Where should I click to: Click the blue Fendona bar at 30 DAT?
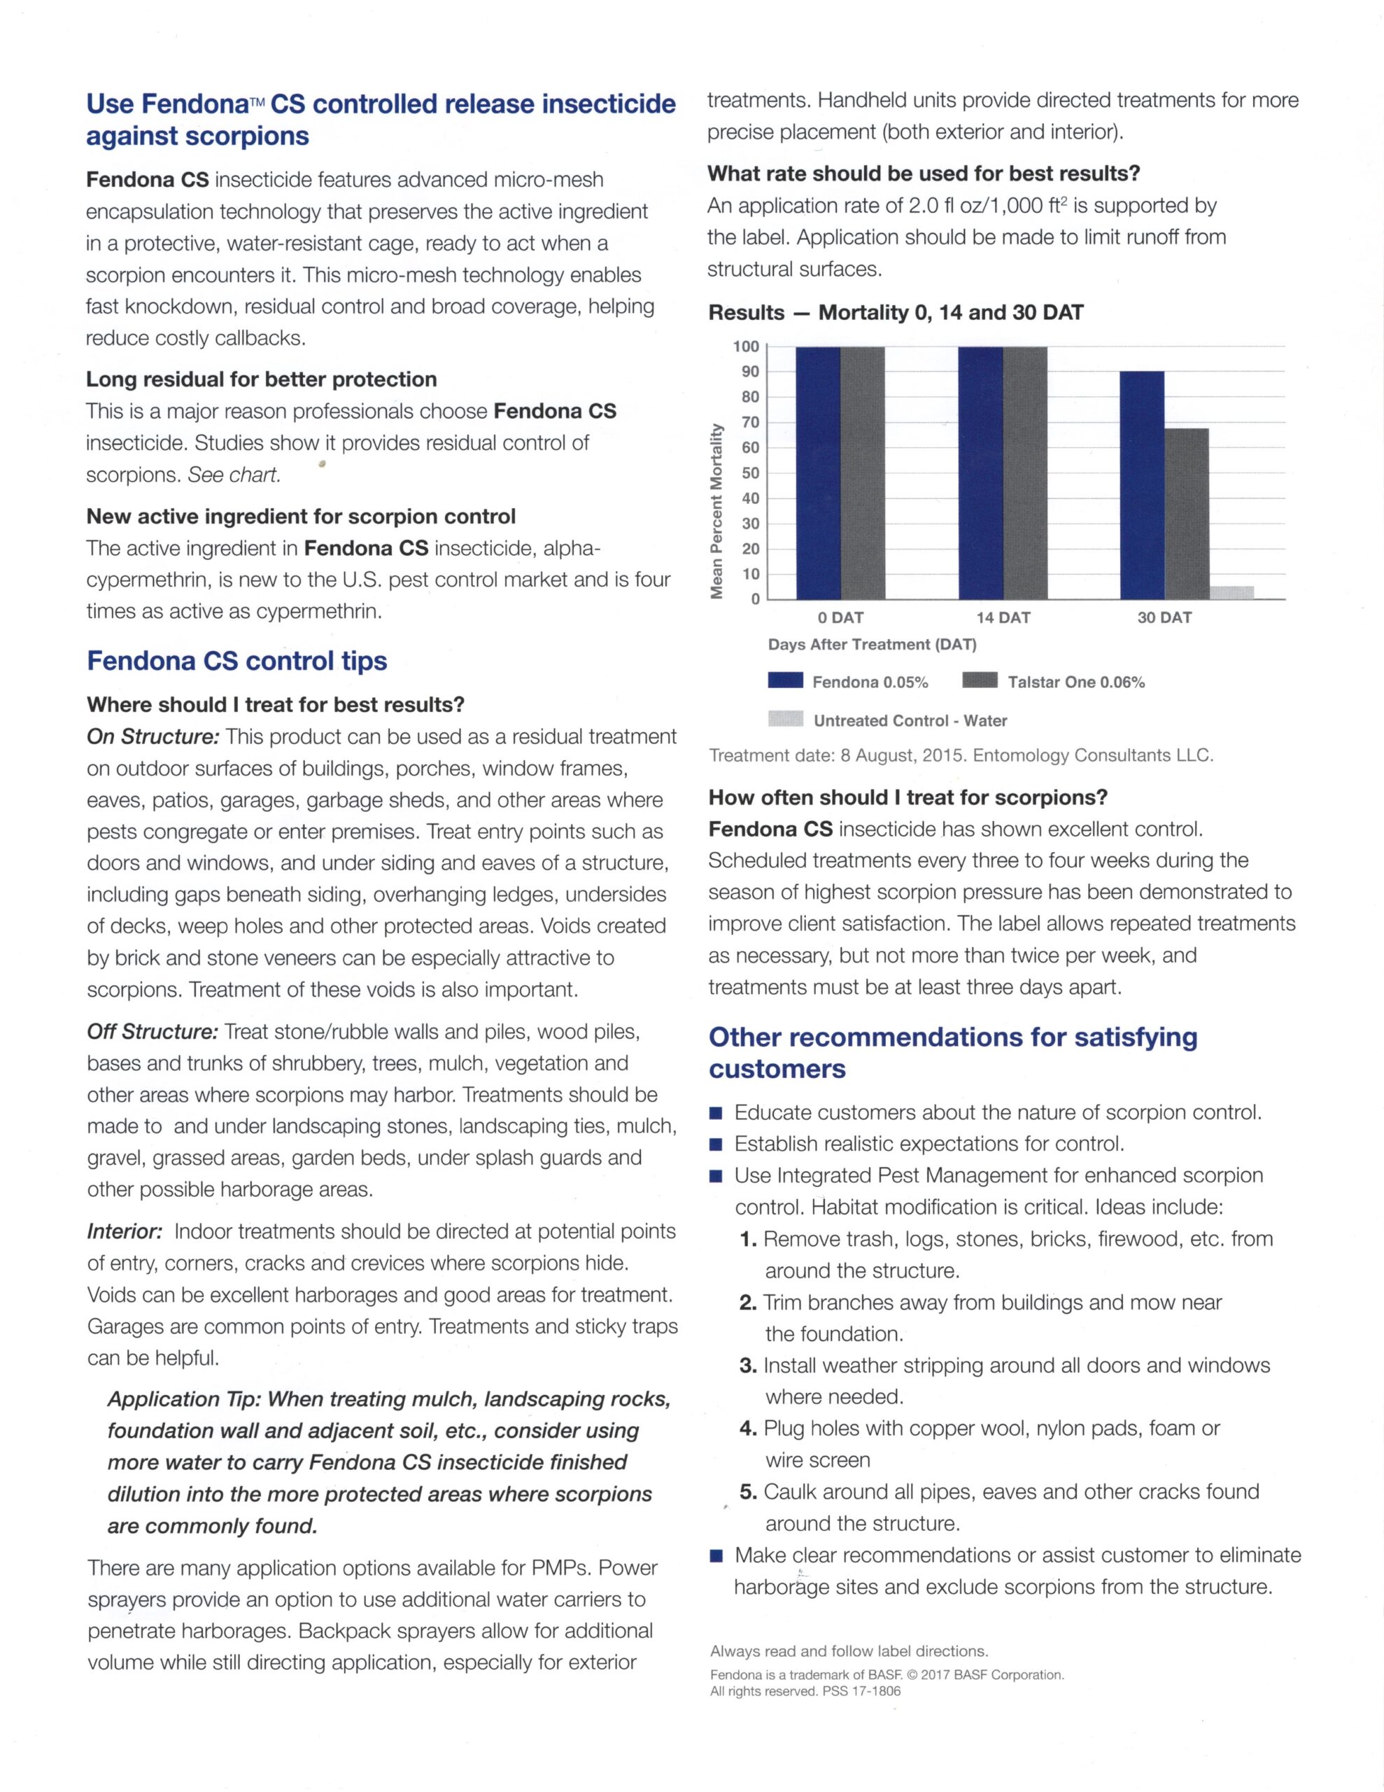coord(1141,485)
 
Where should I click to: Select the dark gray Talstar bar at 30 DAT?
coord(1186,514)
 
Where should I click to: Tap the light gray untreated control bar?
coord(1231,592)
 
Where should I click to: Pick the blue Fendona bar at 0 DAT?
coord(818,472)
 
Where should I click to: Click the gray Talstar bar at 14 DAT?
coord(1024,472)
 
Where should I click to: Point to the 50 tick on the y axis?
coord(750,473)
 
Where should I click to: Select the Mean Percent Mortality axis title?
coord(717,510)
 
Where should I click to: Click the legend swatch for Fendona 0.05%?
coord(785,680)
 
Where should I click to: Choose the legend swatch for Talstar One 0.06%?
coord(980,680)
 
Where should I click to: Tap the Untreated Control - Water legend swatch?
coord(785,719)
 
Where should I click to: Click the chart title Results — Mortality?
coord(895,313)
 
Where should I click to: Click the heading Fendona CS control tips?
coord(237,661)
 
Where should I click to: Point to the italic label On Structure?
coord(153,737)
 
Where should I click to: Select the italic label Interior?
coord(125,1231)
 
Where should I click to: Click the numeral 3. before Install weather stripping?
coord(747,1366)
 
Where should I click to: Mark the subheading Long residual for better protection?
coord(261,379)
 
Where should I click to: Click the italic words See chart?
coord(234,475)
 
